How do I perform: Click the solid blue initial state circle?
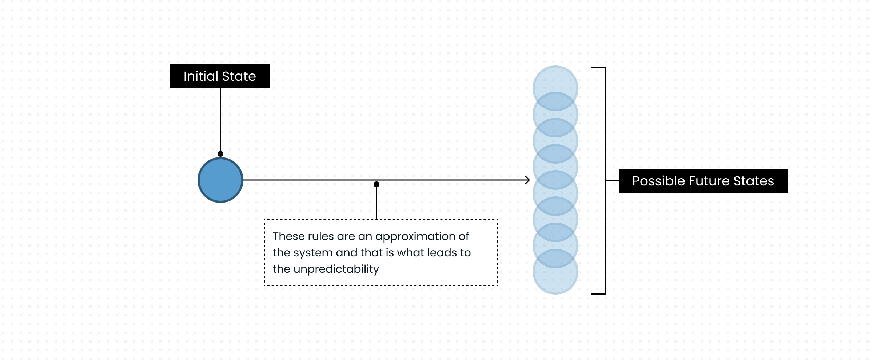(220, 180)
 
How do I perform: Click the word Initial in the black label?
(201, 76)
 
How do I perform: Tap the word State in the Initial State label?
(239, 76)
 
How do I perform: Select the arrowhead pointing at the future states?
(527, 180)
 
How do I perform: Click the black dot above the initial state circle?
(220, 154)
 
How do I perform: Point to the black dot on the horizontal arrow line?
(376, 184)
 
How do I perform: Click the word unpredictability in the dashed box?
(336, 269)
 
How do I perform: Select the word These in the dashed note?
(288, 236)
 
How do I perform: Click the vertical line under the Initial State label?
(220, 120)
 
